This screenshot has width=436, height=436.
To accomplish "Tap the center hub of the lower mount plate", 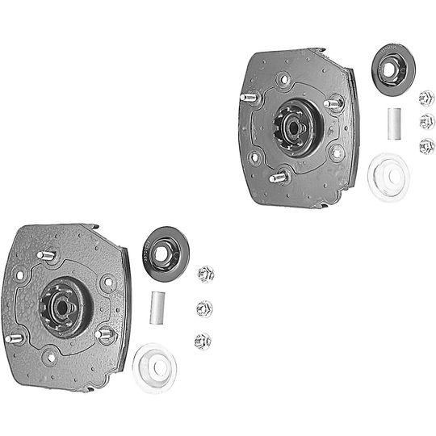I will [x=63, y=304].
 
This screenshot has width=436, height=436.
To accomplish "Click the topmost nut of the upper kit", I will [x=426, y=99].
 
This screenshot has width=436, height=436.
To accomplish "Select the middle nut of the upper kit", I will [x=426, y=122].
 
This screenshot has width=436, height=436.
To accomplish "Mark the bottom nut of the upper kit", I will [x=426, y=146].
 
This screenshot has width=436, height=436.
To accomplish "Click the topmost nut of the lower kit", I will [x=206, y=275].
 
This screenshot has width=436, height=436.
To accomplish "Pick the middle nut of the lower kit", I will [x=204, y=308].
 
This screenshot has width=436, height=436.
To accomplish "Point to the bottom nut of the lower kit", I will [x=203, y=342].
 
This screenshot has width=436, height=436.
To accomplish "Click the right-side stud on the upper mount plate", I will [x=333, y=104].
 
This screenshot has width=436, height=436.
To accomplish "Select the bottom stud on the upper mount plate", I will [x=279, y=177].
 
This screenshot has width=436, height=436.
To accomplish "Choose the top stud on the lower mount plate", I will [x=47, y=256].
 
